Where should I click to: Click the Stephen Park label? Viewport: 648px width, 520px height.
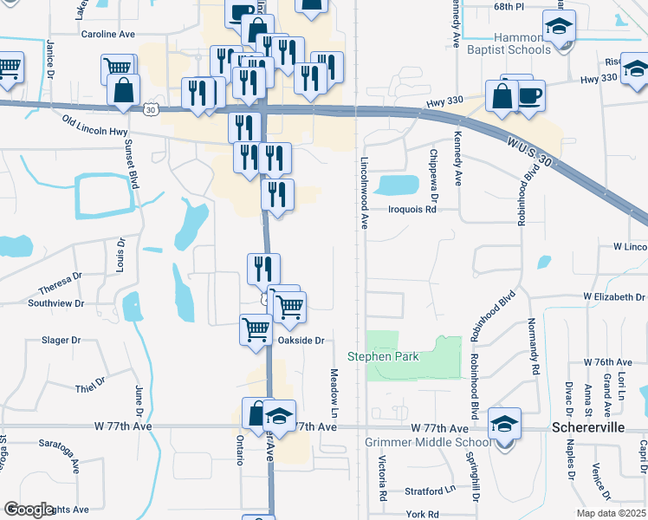point(383,356)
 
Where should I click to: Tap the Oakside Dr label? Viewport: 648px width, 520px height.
point(301,341)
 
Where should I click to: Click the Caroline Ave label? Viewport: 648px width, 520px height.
point(108,34)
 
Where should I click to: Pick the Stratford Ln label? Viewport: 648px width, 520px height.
point(430,491)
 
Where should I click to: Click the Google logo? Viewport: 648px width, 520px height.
point(29,510)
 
